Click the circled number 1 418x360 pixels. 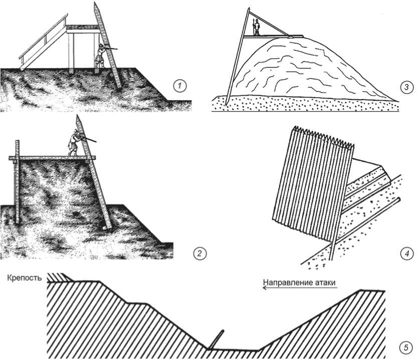click(179, 86)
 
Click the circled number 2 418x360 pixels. click(199, 253)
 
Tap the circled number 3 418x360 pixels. click(407, 87)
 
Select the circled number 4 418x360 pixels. click(407, 253)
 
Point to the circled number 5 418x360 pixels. click(406, 348)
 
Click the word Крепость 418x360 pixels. click(25, 278)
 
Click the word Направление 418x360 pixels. click(285, 282)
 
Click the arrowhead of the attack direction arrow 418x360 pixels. click(265, 287)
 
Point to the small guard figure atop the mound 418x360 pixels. click(256, 27)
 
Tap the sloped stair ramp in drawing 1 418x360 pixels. click(43, 42)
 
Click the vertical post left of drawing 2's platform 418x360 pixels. click(17, 182)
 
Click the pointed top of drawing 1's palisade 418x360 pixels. click(95, 3)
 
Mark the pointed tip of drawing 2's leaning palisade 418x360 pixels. click(78, 116)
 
